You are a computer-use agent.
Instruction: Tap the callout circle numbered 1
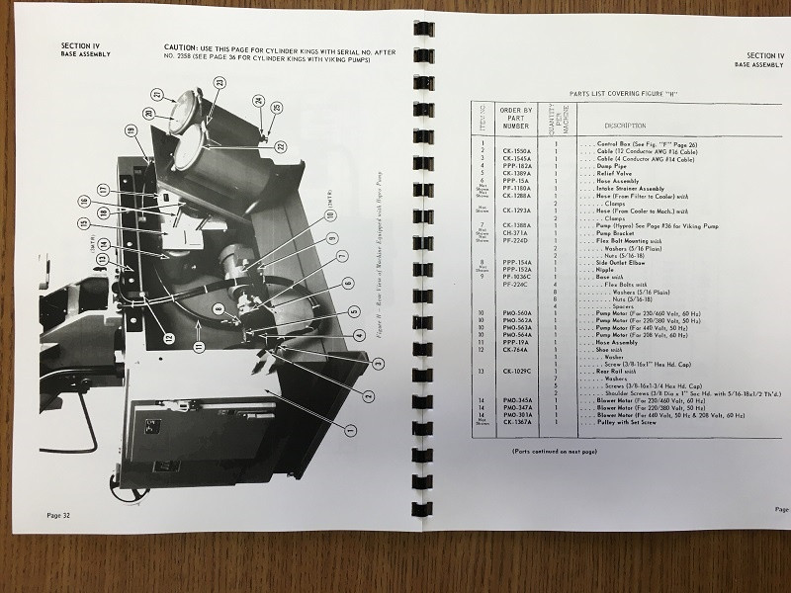click(348, 429)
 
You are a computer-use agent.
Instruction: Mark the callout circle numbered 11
click(199, 347)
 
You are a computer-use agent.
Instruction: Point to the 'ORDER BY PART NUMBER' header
click(516, 118)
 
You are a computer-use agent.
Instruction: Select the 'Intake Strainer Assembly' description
click(628, 188)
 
